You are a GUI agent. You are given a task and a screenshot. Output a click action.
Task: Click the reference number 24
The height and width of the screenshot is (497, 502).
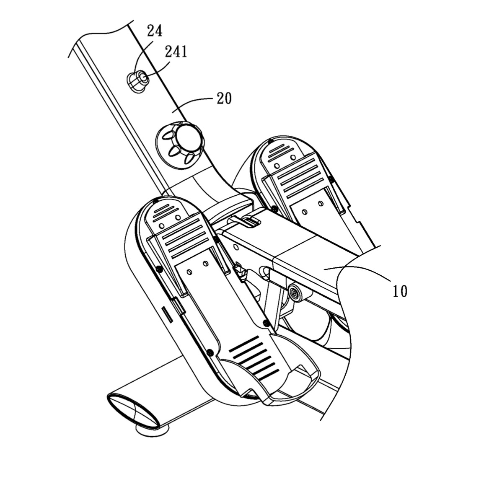[155, 31]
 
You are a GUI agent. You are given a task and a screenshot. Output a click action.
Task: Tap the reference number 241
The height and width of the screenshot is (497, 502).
[176, 52]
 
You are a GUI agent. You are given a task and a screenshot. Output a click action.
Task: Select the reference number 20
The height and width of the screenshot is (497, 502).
[224, 98]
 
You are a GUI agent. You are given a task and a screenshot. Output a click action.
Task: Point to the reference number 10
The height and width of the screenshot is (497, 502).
[400, 291]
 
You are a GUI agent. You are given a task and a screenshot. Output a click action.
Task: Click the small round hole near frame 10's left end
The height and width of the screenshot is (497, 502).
[236, 247]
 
